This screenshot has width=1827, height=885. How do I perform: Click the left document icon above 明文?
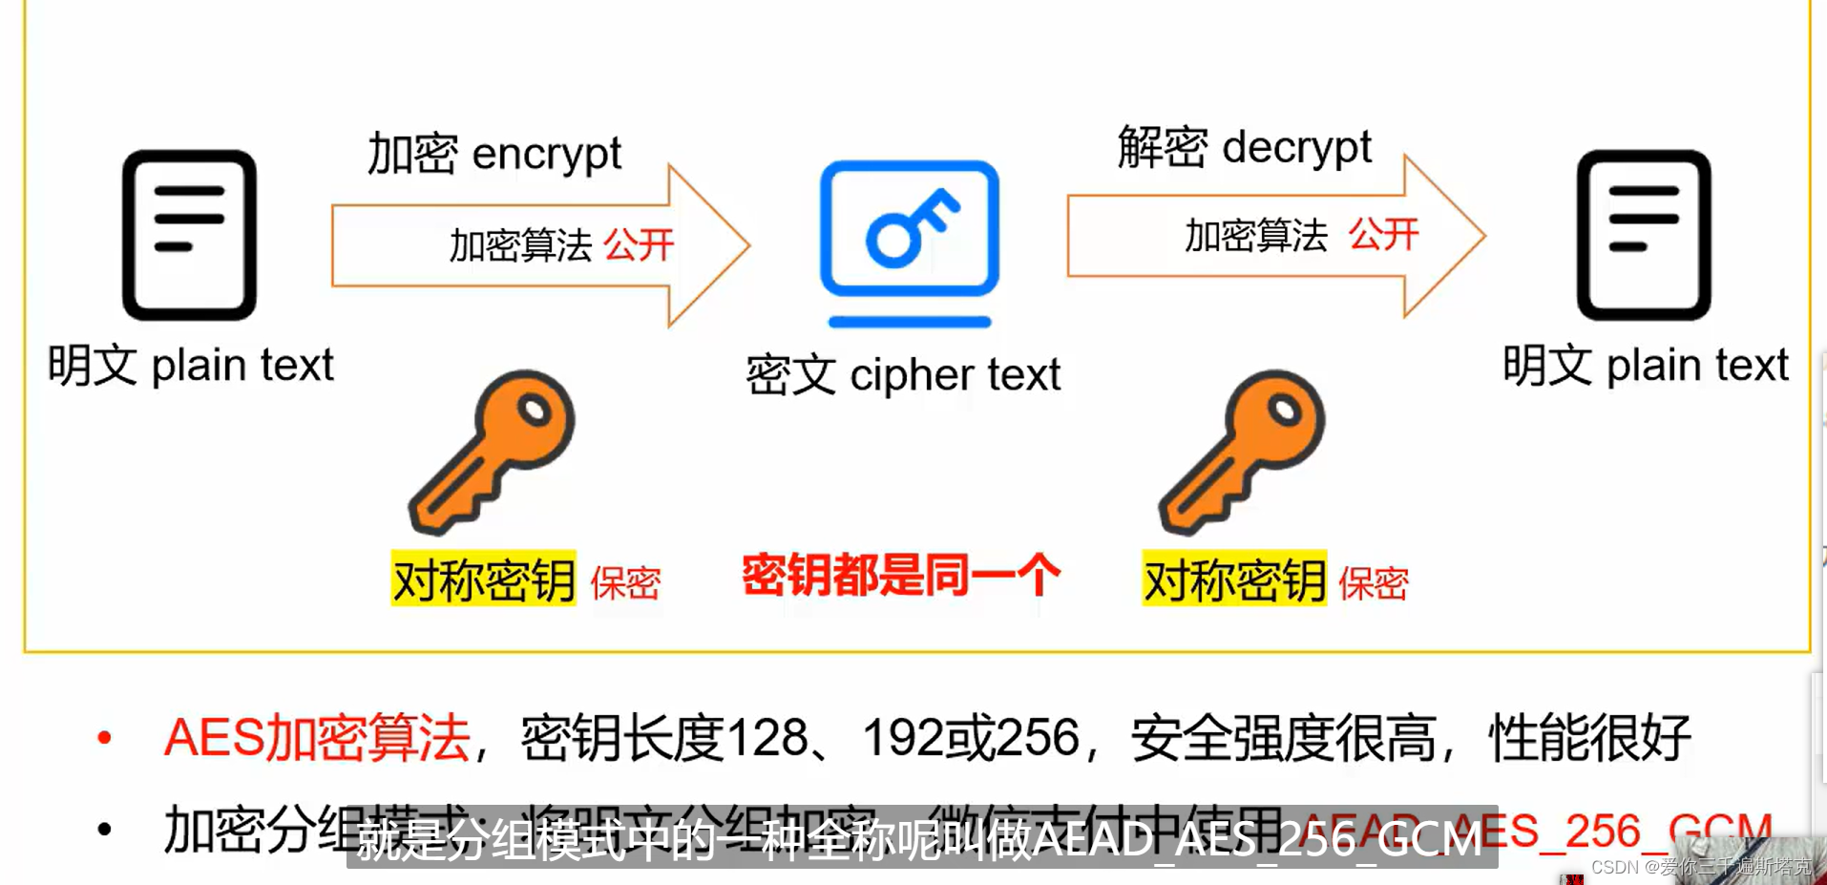(189, 234)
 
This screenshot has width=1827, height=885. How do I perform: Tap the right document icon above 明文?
(1643, 234)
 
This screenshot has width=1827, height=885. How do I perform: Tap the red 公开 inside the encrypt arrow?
(639, 245)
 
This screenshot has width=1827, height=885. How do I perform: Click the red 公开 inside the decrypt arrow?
(1383, 234)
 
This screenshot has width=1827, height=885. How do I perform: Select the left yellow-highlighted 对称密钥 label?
(483, 579)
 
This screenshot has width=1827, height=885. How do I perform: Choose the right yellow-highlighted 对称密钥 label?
(1233, 579)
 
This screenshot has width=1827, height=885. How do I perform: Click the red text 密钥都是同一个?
(900, 576)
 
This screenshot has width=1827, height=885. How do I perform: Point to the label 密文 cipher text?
(902, 374)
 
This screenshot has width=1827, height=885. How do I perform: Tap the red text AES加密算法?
(317, 738)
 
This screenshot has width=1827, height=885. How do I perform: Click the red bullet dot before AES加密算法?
(105, 738)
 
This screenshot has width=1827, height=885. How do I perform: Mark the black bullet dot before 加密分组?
(105, 830)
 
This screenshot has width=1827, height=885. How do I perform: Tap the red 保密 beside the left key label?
(625, 583)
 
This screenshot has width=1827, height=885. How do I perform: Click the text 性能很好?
(1588, 738)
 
